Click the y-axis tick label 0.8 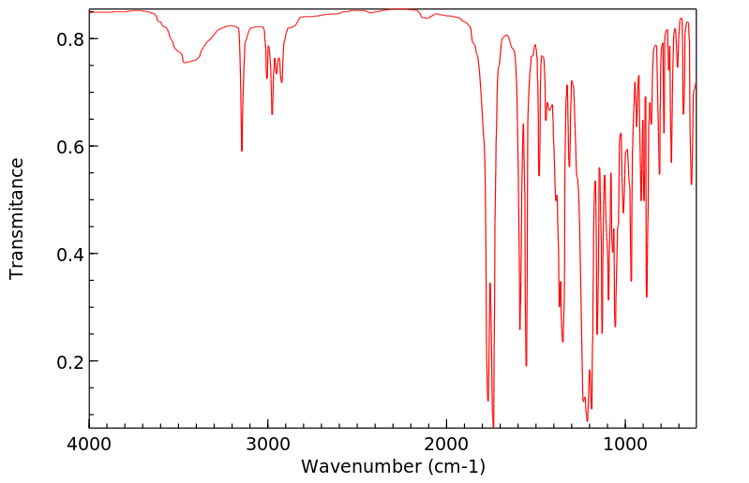click(72, 39)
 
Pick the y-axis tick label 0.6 click(72, 147)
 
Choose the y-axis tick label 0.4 click(72, 255)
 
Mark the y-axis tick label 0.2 click(72, 362)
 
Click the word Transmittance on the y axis click(17, 218)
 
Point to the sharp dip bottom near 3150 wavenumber click(242, 151)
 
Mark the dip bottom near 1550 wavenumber click(526, 365)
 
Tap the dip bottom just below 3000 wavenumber click(272, 114)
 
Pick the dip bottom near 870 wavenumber click(647, 297)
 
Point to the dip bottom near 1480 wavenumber click(539, 175)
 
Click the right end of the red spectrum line click(696, 86)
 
